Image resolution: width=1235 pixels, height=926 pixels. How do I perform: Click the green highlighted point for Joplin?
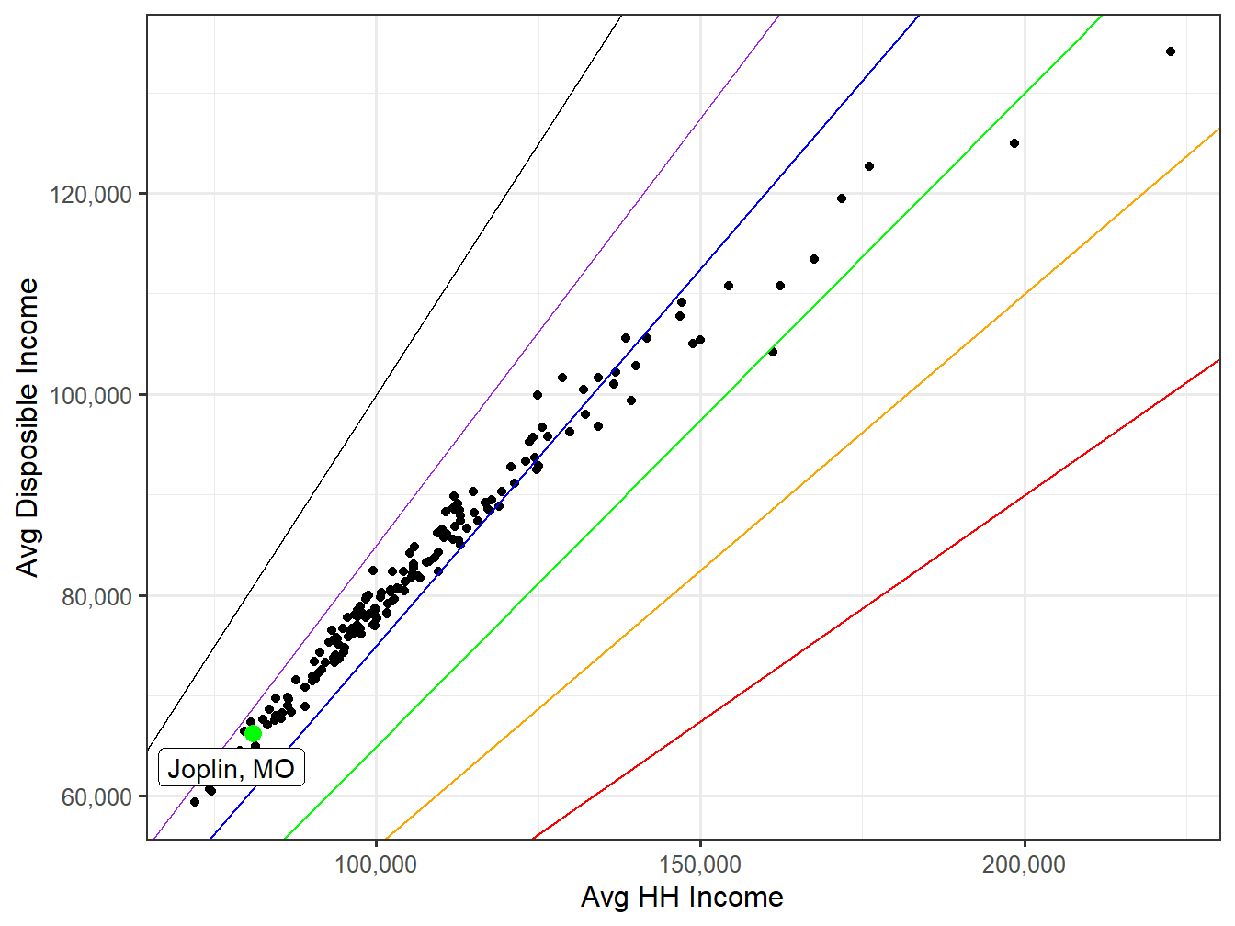click(x=253, y=733)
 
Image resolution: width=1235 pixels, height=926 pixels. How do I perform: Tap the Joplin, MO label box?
click(x=231, y=768)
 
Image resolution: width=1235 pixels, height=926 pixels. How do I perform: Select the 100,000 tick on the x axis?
click(x=376, y=864)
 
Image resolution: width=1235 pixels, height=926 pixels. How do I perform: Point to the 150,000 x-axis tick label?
click(x=700, y=864)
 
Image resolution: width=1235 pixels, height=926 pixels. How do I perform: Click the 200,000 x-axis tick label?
click(x=1024, y=864)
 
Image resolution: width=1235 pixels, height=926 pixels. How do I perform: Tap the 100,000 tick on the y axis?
click(x=90, y=395)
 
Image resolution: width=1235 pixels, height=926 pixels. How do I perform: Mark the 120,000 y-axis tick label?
click(x=90, y=194)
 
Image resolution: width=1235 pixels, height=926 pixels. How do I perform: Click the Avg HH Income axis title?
click(x=682, y=898)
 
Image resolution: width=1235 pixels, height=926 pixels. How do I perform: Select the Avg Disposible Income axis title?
click(x=28, y=427)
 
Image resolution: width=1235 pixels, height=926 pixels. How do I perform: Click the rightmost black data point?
click(x=1170, y=51)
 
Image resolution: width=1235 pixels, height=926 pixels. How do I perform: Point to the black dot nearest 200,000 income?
click(x=1014, y=143)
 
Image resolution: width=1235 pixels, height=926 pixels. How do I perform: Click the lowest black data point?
click(x=195, y=802)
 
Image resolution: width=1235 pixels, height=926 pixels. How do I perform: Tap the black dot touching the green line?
click(x=773, y=352)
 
